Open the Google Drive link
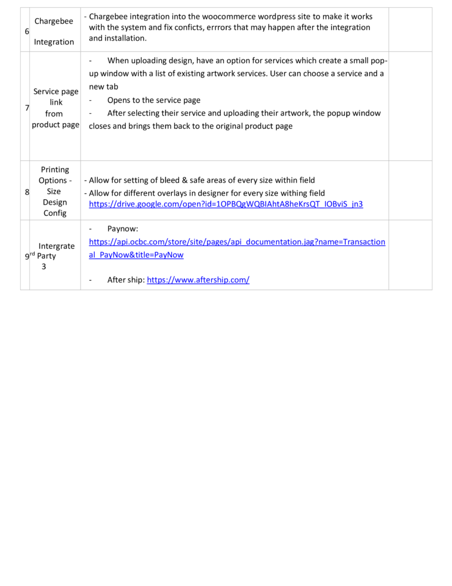225,204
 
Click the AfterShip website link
198,280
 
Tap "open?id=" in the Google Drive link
199,204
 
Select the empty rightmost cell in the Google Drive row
410,190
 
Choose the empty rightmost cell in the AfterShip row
410,255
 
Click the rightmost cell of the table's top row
410,29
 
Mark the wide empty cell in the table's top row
234,29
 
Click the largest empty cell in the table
234,106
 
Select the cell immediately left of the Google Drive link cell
55,190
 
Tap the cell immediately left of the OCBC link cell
55,255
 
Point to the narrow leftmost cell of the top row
25,29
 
